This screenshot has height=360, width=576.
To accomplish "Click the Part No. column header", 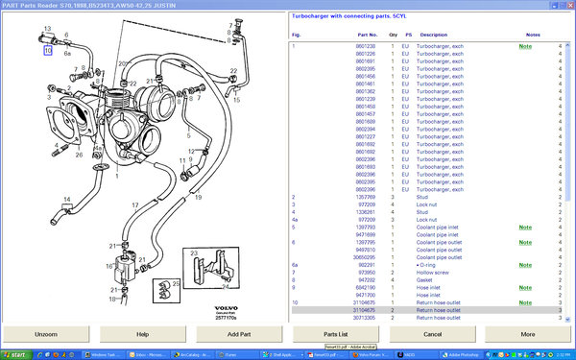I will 339,36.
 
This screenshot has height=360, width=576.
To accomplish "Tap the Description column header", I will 434,36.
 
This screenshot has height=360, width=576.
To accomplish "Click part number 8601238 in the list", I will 339,46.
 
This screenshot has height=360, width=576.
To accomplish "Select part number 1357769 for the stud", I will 339,197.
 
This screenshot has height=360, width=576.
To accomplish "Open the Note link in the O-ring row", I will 525,264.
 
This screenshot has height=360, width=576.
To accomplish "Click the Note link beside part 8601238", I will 525,46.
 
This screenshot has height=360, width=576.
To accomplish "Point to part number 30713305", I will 339,317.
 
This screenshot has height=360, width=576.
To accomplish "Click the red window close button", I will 568,5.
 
